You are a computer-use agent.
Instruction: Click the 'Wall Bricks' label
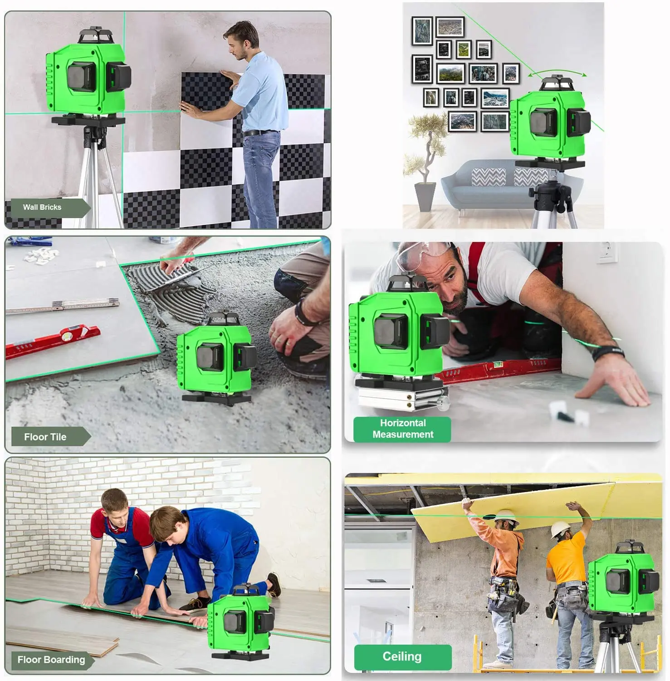(x=42, y=207)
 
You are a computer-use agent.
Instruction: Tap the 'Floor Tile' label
(x=45, y=437)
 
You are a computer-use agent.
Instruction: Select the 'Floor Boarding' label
(x=51, y=660)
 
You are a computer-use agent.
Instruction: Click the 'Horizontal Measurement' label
(x=403, y=429)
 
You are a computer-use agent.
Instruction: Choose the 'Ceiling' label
(x=402, y=656)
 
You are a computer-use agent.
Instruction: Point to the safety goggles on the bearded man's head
(x=424, y=252)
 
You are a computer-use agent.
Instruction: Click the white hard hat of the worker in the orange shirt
(x=561, y=528)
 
